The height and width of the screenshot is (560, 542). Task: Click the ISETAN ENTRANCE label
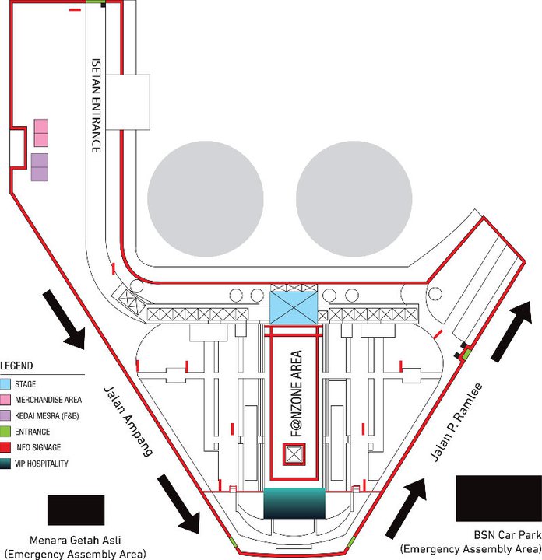pyautogui.click(x=96, y=105)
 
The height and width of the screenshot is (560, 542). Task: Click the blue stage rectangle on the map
pyautogui.click(x=294, y=304)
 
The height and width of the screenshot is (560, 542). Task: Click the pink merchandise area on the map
pyautogui.click(x=41, y=133)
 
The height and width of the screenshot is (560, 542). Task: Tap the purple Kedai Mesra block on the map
pyautogui.click(x=40, y=167)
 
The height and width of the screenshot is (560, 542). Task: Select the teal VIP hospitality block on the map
pyautogui.click(x=294, y=503)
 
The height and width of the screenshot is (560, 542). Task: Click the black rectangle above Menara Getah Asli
pyautogui.click(x=76, y=510)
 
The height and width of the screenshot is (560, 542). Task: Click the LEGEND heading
pyautogui.click(x=18, y=366)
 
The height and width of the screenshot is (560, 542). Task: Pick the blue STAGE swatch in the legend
pyautogui.click(x=6, y=384)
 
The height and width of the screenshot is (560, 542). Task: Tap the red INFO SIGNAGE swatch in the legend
pyautogui.click(x=6, y=447)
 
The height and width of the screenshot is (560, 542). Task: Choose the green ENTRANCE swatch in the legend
pyautogui.click(x=6, y=432)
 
